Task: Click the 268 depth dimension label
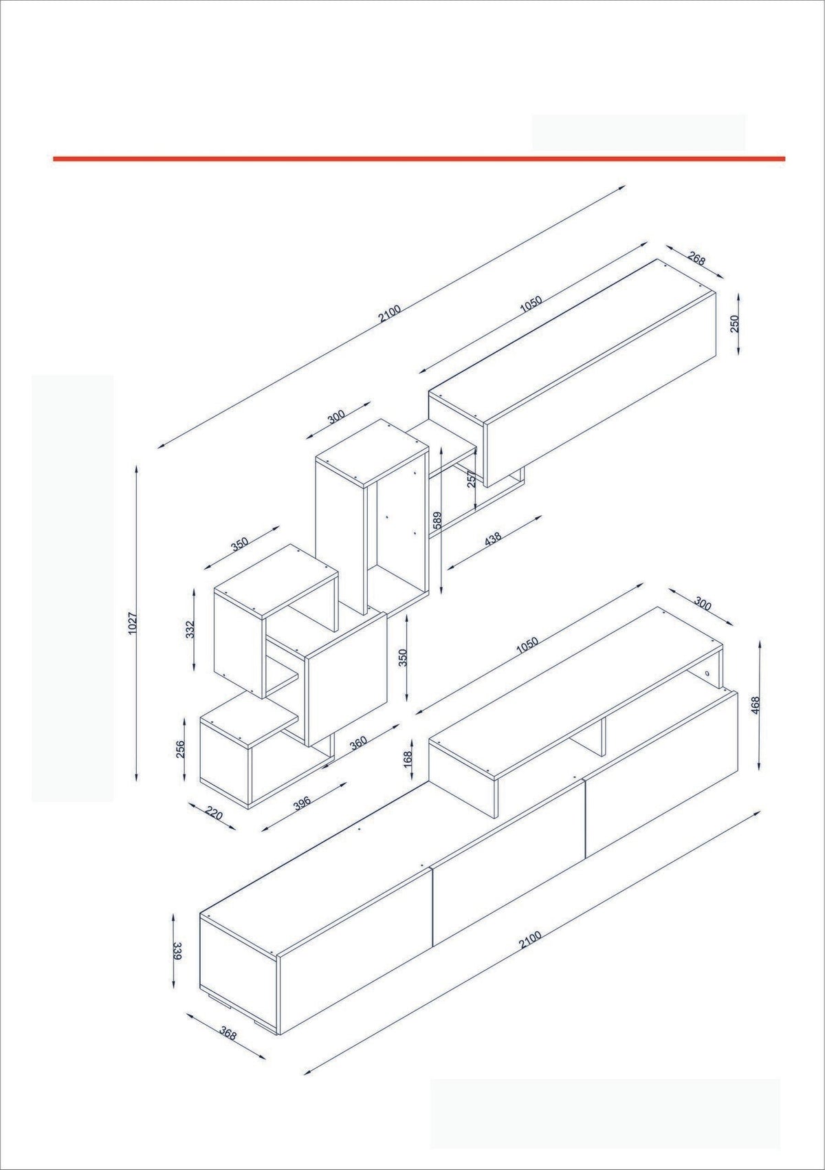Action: (x=696, y=259)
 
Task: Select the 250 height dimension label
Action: (x=735, y=324)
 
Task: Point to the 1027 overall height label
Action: (x=133, y=623)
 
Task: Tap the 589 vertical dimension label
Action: (x=437, y=520)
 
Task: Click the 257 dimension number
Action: (x=472, y=479)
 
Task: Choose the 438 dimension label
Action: (x=492, y=539)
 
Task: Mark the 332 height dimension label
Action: (x=190, y=629)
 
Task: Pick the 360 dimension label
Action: (x=358, y=742)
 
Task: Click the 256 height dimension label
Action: (x=181, y=749)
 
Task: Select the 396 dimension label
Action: (x=302, y=803)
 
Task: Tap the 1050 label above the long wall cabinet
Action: (x=531, y=305)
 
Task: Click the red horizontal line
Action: (x=419, y=158)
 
